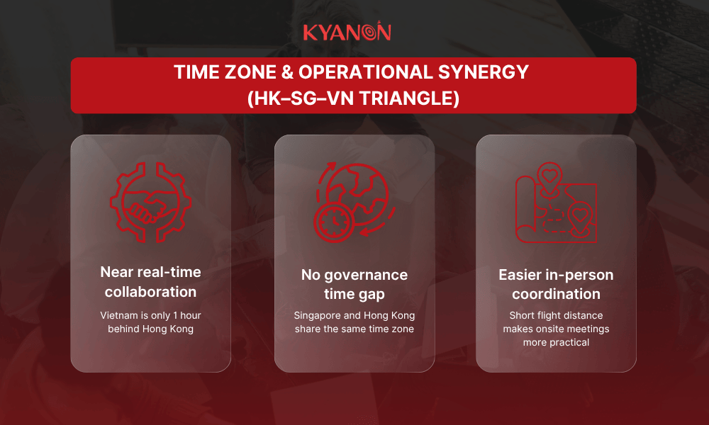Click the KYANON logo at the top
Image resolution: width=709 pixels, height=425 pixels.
click(347, 32)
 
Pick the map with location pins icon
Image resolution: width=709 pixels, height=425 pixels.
click(556, 203)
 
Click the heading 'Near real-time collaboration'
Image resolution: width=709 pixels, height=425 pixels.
click(150, 281)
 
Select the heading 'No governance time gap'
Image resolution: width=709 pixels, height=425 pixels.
click(354, 284)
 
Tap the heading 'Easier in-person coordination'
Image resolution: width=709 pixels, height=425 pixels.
click(556, 284)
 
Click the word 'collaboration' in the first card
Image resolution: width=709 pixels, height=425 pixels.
click(150, 291)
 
